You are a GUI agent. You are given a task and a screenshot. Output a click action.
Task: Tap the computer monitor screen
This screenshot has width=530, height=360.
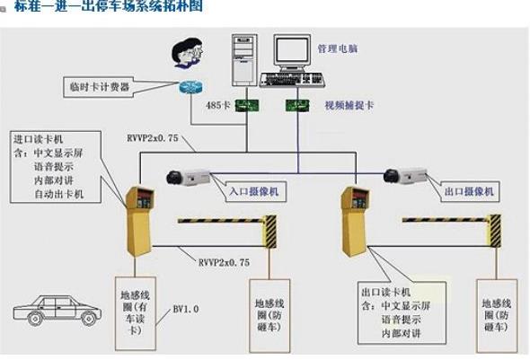pos(295,53)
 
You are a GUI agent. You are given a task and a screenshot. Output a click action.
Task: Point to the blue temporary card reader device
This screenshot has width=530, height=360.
pos(190,88)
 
